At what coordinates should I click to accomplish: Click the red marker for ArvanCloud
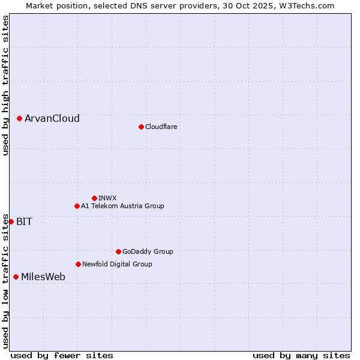click(x=19, y=119)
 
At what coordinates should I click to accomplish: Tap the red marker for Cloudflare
click(x=141, y=127)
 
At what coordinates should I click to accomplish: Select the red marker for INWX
click(x=94, y=198)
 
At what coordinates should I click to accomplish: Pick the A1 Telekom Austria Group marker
click(x=77, y=206)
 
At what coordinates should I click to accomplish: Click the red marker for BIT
click(x=11, y=221)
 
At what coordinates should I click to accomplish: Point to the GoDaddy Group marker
click(x=118, y=251)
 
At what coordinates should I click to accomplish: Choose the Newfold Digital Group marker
click(x=78, y=264)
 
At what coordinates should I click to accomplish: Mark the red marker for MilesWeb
click(x=16, y=277)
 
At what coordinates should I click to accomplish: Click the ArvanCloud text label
click(x=52, y=119)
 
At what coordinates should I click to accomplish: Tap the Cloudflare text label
click(x=161, y=127)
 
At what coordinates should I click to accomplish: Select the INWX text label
click(x=107, y=198)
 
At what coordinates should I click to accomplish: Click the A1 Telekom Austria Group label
click(x=122, y=206)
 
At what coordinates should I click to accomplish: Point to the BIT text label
click(x=25, y=221)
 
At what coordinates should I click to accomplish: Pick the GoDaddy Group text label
click(x=148, y=251)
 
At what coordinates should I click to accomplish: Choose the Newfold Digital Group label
click(x=117, y=264)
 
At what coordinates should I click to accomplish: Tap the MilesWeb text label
click(x=43, y=277)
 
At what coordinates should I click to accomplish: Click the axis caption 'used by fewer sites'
click(x=62, y=355)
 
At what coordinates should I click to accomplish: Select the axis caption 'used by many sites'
click(x=301, y=355)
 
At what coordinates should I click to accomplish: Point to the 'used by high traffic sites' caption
click(x=5, y=85)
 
